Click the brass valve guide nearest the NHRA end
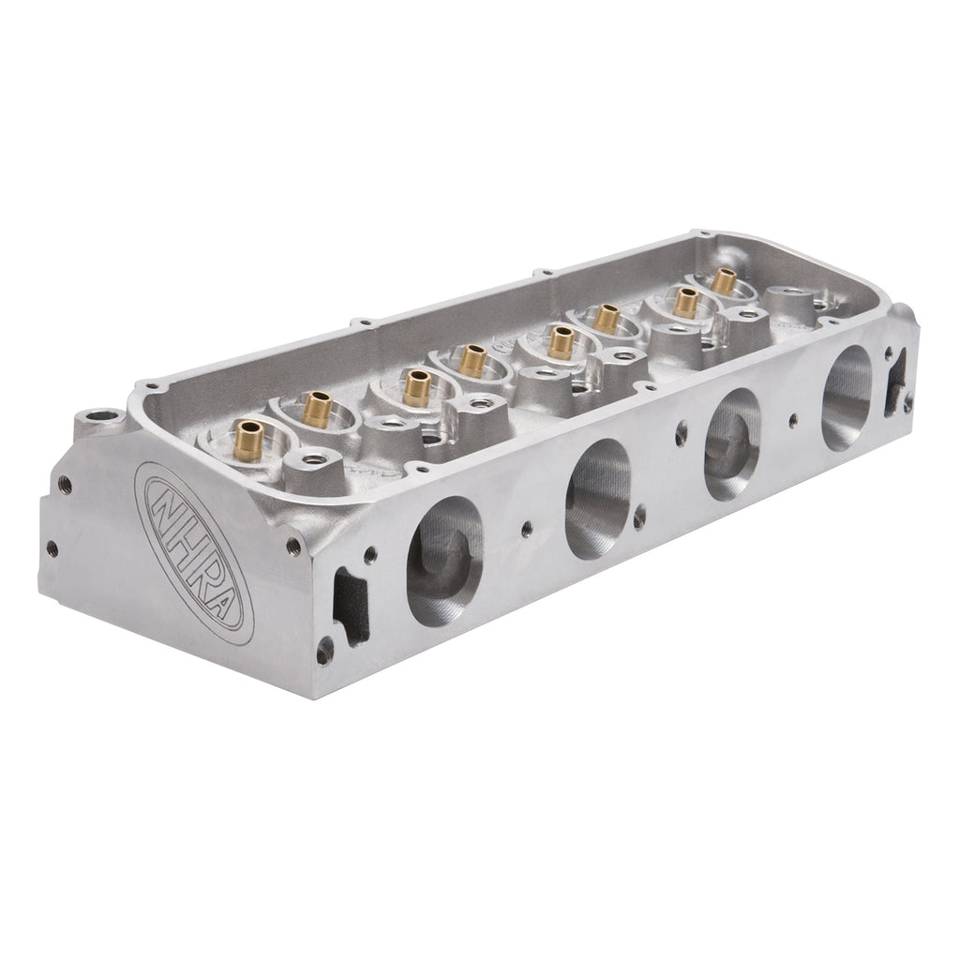point(248,441)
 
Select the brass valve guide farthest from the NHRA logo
point(725,281)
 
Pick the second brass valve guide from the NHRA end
point(318,409)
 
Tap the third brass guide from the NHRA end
point(416,388)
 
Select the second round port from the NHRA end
point(598,499)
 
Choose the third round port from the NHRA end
point(732,443)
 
